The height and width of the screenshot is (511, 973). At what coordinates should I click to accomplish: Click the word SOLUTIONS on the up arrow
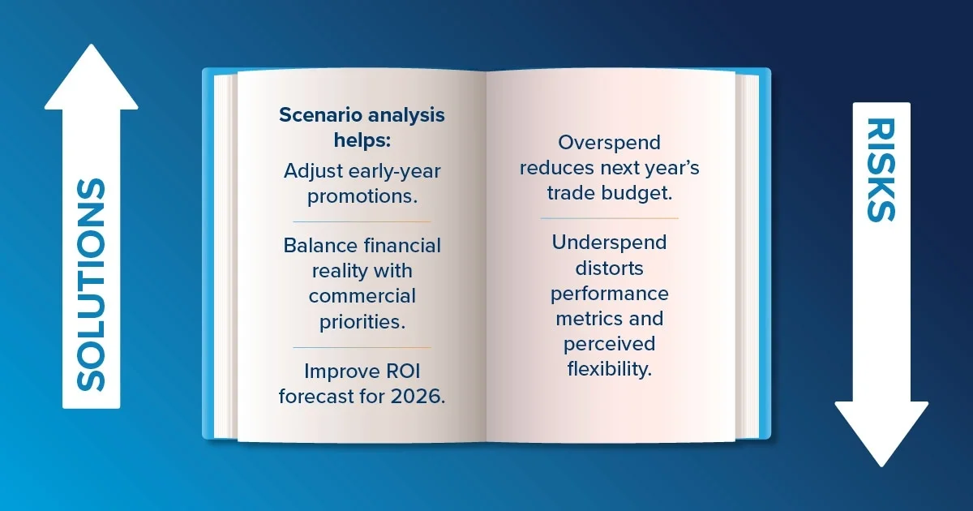(91, 285)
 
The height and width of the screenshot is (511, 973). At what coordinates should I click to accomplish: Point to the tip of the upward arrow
(91, 45)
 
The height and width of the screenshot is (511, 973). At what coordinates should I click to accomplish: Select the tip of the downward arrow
(881, 466)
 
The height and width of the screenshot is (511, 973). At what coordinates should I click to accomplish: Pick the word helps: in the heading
(362, 140)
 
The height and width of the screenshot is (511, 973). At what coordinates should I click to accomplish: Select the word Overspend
(610, 144)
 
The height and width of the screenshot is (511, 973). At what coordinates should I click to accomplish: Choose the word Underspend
(610, 243)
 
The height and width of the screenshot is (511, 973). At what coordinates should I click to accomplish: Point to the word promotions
(362, 197)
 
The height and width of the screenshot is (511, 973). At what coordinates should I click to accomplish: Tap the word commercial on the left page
(362, 296)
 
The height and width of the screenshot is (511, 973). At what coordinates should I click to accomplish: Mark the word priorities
(362, 323)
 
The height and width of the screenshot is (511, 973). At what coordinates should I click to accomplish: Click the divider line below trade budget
(610, 218)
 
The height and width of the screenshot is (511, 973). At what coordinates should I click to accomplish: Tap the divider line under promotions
(362, 221)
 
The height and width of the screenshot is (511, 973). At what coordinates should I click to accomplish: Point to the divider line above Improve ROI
(362, 348)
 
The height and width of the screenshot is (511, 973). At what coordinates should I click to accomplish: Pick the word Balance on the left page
(320, 246)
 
